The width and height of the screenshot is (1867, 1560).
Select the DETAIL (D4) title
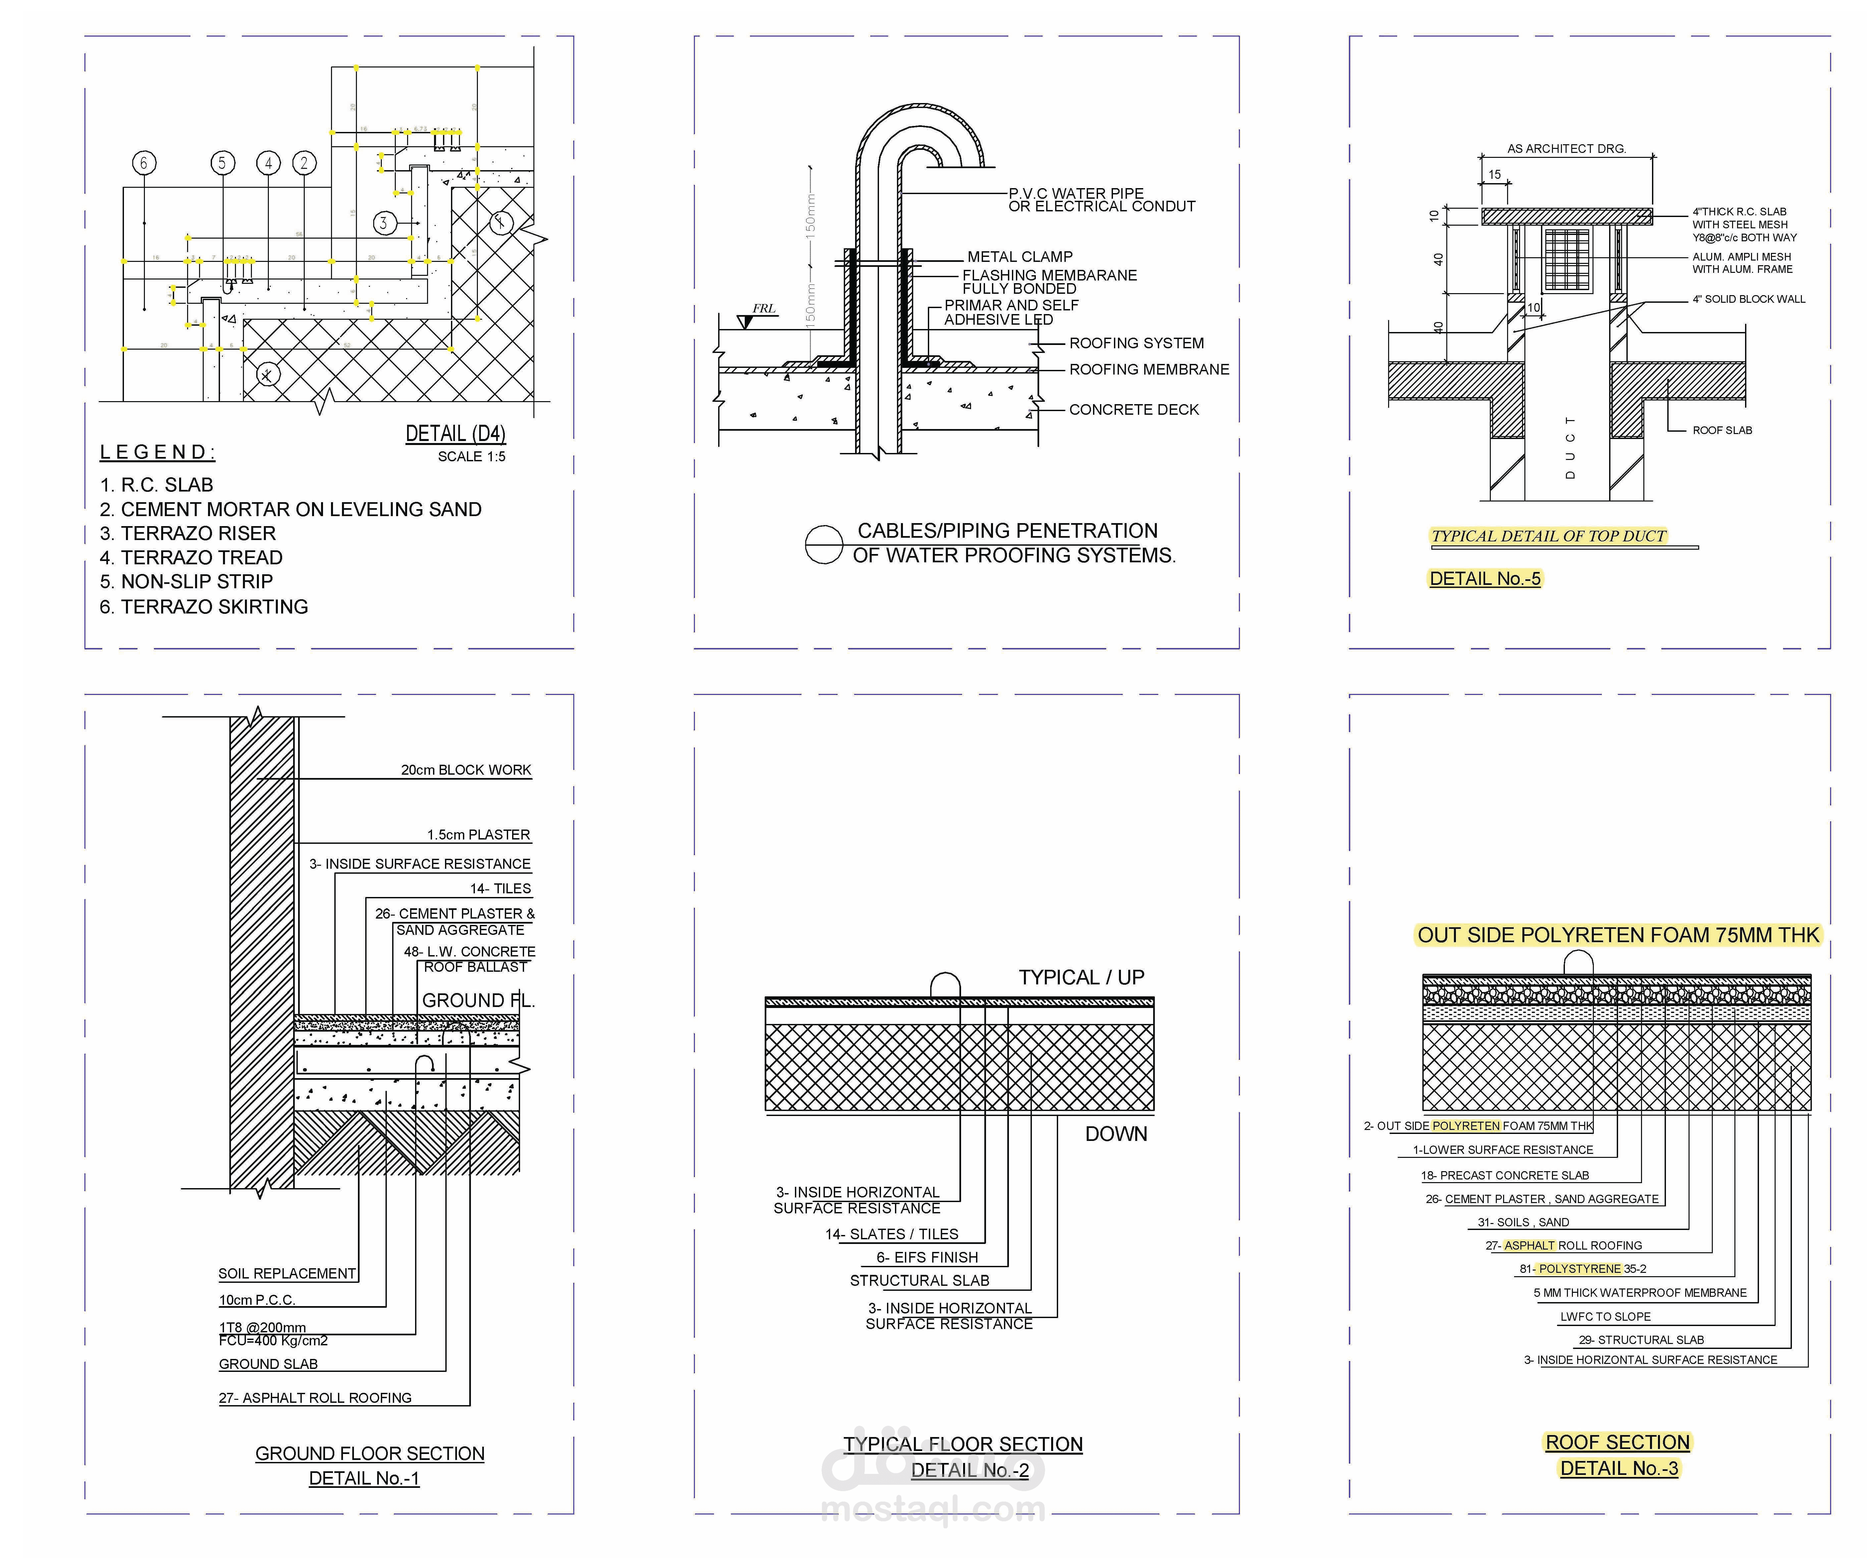coord(455,434)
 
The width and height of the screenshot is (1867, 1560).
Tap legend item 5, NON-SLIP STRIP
coord(187,581)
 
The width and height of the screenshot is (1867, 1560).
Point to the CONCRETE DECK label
coord(1134,410)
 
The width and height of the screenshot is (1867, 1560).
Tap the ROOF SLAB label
coord(1722,430)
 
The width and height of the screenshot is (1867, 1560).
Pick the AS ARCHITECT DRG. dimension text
coord(1567,149)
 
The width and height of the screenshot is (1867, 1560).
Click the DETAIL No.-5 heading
coord(1485,579)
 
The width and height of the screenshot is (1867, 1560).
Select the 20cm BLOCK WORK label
coord(466,770)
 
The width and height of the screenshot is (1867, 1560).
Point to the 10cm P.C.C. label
coord(257,1299)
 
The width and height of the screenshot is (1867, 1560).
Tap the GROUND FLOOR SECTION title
coord(370,1453)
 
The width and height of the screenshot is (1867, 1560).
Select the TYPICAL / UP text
coord(1081,977)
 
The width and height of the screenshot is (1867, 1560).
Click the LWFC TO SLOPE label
coord(1605,1316)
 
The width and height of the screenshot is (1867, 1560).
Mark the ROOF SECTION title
coord(1617,1442)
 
